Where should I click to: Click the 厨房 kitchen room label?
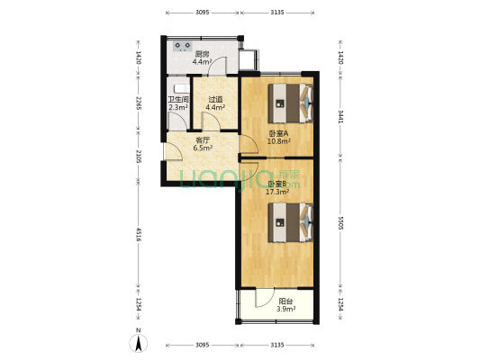pos(202,54)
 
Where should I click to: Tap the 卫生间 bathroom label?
pos(177,100)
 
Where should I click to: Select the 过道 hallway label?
pos(215,100)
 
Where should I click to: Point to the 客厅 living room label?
pos(202,139)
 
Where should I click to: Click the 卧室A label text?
pos(277,134)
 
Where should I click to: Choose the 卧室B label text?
pos(276,184)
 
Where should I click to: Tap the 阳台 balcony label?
pos(285,302)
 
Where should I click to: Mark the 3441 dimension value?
pos(341,115)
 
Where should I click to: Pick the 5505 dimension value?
pos(341,221)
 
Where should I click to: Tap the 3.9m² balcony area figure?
pos(285,310)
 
